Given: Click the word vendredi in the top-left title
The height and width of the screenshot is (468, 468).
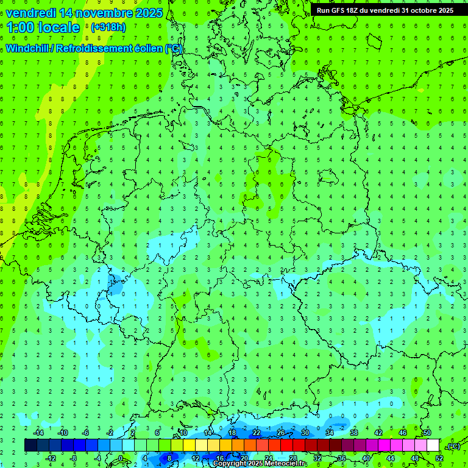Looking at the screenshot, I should pyautogui.click(x=31, y=13).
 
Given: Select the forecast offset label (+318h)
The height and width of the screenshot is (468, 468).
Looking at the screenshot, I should pyautogui.click(x=108, y=27).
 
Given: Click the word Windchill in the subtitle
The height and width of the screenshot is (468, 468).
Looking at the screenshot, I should pyautogui.click(x=30, y=49).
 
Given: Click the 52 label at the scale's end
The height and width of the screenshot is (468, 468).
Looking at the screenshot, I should pyautogui.click(x=439, y=458).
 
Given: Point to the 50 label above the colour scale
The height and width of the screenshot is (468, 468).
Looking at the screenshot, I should pyautogui.click(x=427, y=432).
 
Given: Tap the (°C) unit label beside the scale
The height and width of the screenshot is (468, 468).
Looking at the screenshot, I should pyautogui.click(x=453, y=446).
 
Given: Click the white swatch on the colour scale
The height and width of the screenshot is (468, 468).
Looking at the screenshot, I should pyautogui.click(x=433, y=445).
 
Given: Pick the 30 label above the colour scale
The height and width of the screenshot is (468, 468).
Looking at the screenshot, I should pyautogui.click(x=305, y=432).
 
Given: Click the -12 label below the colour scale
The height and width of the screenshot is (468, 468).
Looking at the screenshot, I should pyautogui.click(x=51, y=458).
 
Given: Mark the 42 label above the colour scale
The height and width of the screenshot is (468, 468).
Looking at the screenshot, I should pyautogui.click(x=378, y=432).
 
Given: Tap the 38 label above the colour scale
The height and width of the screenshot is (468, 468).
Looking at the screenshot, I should pyautogui.click(x=354, y=432).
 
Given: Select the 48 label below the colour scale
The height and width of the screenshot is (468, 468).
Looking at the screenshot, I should pyautogui.click(x=415, y=458).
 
